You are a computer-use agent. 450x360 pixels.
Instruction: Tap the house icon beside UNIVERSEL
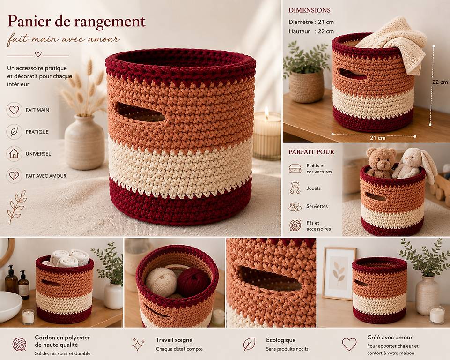point(14,154)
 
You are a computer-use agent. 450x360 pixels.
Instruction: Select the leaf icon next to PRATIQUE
point(14,132)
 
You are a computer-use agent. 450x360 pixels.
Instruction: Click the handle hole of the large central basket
point(140,112)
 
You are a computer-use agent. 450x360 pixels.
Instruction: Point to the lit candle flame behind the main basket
point(266,112)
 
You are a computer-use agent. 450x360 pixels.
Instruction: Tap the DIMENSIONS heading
point(310,10)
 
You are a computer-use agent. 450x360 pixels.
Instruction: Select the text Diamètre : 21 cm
point(311,22)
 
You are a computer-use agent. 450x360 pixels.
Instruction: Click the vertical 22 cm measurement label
point(440,82)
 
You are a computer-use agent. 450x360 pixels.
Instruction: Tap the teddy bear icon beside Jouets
point(295,188)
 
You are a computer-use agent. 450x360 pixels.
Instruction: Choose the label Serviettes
point(317,206)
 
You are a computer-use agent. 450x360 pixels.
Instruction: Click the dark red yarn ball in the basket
point(193,283)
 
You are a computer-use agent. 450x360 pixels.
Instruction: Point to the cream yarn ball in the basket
point(161,282)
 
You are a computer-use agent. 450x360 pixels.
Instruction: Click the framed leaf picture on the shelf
point(339,274)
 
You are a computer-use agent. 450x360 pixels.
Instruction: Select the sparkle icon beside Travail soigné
point(138,344)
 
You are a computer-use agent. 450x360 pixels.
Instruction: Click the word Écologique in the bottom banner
point(280,340)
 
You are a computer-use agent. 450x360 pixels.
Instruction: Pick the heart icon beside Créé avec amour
point(349,344)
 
